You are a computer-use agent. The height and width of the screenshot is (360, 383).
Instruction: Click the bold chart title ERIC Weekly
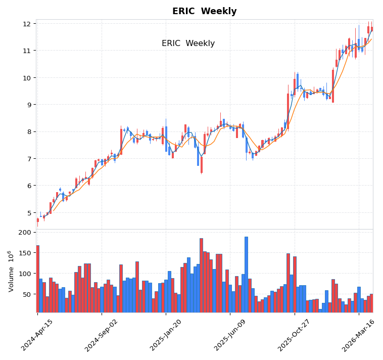[x=204, y=12]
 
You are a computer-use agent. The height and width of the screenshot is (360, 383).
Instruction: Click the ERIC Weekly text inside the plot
[x=188, y=43]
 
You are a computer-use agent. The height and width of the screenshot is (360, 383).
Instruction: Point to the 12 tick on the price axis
[x=26, y=24]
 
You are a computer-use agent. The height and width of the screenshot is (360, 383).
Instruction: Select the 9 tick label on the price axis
[x=28, y=105]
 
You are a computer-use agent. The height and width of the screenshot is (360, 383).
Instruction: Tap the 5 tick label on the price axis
[x=28, y=213]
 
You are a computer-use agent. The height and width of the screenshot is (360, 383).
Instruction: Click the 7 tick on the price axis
[x=28, y=159]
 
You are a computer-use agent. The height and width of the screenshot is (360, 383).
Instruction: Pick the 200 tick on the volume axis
[x=25, y=233]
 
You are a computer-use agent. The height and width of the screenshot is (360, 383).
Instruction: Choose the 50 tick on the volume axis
[x=27, y=294]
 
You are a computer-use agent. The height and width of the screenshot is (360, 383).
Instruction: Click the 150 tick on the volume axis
[x=25, y=253]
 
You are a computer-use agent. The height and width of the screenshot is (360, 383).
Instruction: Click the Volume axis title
[x=10, y=271]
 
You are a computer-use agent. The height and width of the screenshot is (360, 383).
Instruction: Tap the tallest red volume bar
[x=201, y=276]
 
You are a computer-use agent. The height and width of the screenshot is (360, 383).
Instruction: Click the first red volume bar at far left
[x=37, y=279]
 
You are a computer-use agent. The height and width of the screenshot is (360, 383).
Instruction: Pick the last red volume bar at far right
[x=371, y=303]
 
